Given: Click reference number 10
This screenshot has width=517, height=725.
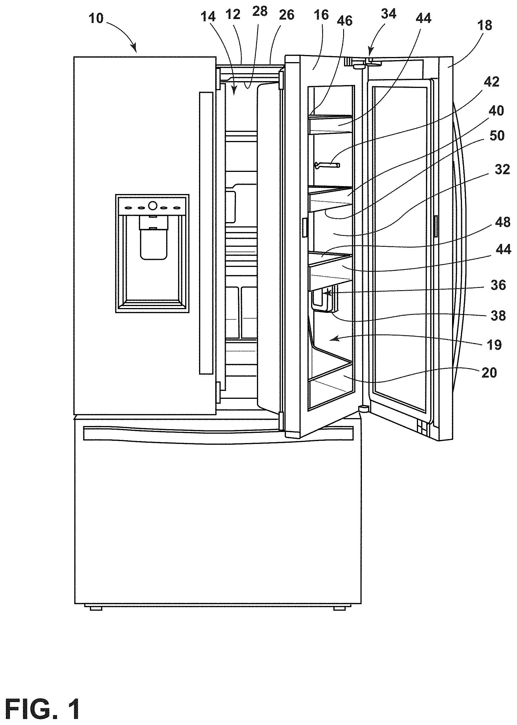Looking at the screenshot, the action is coord(96,18).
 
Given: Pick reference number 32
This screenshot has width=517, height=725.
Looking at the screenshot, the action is coord(502,169).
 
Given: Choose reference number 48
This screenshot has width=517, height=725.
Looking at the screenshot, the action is coord(503,222).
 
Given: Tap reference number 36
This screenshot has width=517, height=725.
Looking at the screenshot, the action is coord(498,285).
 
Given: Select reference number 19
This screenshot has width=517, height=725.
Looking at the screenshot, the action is coord(494,345).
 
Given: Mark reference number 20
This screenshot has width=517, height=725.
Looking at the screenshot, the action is coord(489,372).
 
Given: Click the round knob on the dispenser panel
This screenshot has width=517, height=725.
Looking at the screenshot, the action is coord(153,206).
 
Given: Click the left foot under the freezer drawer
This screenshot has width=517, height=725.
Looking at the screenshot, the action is coord(96,608).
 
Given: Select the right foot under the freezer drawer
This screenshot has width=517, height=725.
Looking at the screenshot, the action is coord(340,608).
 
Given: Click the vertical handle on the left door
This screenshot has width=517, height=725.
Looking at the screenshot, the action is coord(206,233).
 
